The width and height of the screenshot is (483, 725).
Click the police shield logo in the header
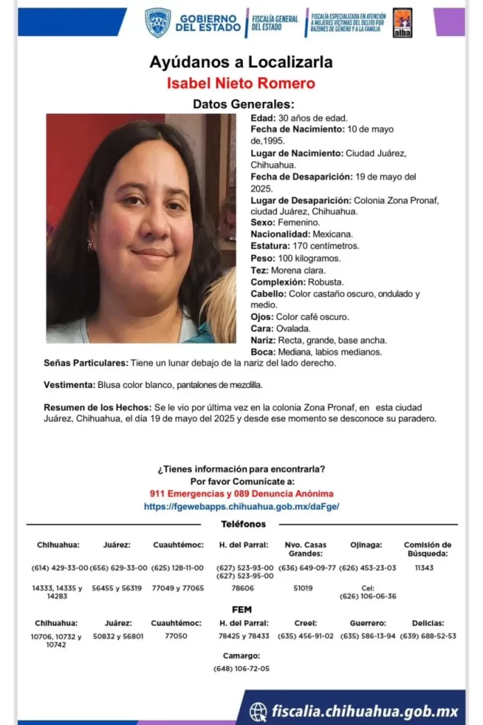157,22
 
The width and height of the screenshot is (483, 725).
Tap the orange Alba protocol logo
402,23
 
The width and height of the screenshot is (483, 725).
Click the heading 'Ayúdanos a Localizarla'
241,62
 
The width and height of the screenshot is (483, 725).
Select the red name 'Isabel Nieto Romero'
241,84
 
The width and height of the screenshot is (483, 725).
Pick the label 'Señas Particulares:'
86,363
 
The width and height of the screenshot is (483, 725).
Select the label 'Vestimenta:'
69,384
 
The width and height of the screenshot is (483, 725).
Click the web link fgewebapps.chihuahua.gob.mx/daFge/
241,507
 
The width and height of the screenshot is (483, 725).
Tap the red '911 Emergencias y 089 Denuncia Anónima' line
241,493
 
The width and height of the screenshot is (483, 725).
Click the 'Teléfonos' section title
243,524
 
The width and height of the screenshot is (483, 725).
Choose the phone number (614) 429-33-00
60,568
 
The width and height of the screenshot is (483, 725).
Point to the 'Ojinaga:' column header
367,545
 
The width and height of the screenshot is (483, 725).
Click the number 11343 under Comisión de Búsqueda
424,568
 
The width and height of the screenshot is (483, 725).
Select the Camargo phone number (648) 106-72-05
241,668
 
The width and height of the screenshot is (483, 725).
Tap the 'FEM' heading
241,610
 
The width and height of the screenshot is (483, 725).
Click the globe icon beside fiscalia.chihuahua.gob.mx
258,711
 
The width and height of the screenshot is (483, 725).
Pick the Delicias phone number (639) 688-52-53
428,636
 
